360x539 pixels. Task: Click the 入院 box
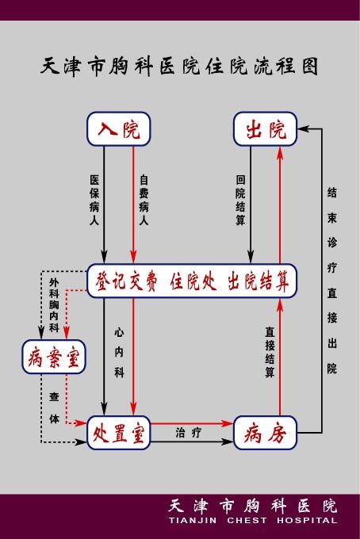pyautogui.click(x=119, y=129)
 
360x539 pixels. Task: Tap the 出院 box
pyautogui.click(x=265, y=129)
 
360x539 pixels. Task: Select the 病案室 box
pyautogui.click(x=54, y=357)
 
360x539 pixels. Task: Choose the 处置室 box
pyautogui.click(x=119, y=433)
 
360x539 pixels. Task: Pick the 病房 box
pyautogui.click(x=265, y=433)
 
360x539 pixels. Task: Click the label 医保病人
pyautogui.click(x=94, y=200)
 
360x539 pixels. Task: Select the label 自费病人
pyautogui.click(x=144, y=200)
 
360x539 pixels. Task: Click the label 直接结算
pyautogui.click(x=270, y=352)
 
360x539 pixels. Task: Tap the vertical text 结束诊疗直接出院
pyautogui.click(x=331, y=280)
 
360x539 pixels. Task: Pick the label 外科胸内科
pyautogui.click(x=54, y=305)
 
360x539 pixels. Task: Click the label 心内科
pyautogui.click(x=119, y=353)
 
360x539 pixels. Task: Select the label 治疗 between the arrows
pyautogui.click(x=189, y=433)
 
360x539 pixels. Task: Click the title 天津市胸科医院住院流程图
pyautogui.click(x=179, y=67)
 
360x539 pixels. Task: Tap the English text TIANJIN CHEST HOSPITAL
pyautogui.click(x=253, y=520)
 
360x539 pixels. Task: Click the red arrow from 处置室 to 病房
pyautogui.click(x=192, y=423)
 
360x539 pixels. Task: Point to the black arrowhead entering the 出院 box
pyautogui.click(x=303, y=129)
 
